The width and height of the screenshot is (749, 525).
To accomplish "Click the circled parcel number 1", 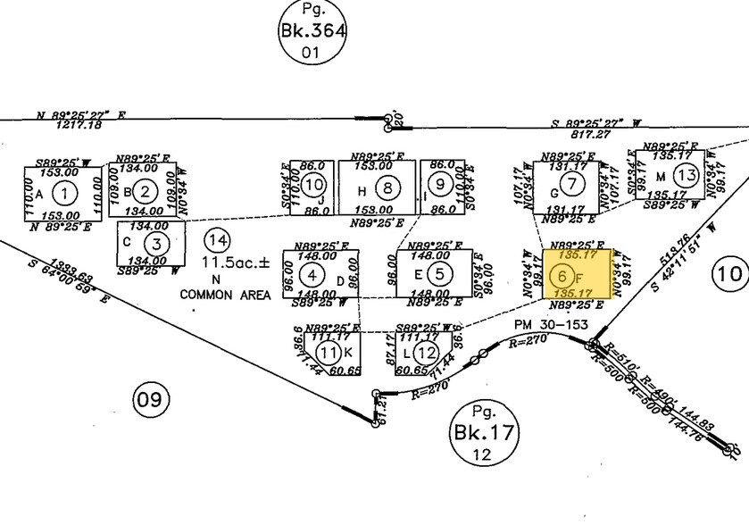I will pos(63,191).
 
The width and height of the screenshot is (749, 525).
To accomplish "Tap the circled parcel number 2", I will pos(148,190).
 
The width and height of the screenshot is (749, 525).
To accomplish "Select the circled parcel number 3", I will pos(156,243).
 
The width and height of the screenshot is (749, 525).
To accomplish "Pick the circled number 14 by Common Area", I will pos(217,239).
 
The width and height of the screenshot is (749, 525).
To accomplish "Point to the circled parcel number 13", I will pos(686,174).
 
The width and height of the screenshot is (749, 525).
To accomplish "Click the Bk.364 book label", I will pos(311,34).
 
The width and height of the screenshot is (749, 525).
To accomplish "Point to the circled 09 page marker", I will pos(150,401).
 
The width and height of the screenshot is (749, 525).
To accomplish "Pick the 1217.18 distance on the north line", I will pos(81,125).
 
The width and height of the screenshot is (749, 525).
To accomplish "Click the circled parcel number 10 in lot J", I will pos(312,185).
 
